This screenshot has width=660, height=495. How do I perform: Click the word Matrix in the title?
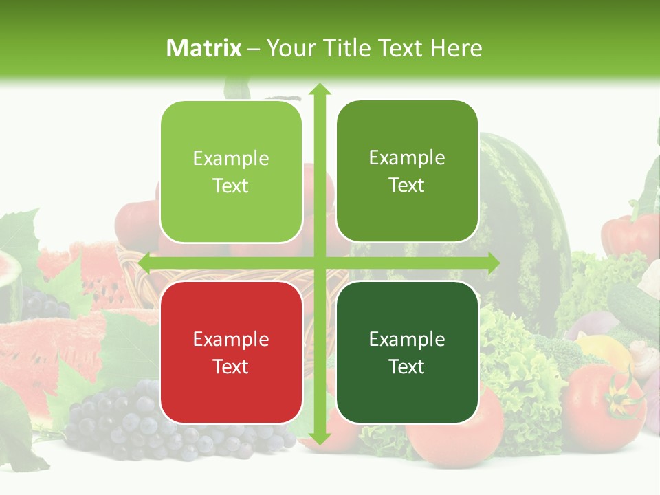pyautogui.click(x=203, y=48)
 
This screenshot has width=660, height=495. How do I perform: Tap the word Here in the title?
pyautogui.click(x=456, y=48)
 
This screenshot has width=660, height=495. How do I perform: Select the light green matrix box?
pyautogui.click(x=231, y=172)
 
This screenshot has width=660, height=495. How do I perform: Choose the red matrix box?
pyautogui.click(x=231, y=352)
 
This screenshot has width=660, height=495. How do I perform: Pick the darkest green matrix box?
pyautogui.click(x=407, y=352)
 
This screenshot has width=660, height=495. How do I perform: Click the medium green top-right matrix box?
pyautogui.click(x=407, y=171)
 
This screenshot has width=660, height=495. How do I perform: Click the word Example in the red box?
pyautogui.click(x=231, y=339)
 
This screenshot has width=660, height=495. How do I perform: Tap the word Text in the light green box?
pyautogui.click(x=231, y=186)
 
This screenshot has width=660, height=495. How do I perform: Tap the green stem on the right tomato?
pyautogui.click(x=623, y=399)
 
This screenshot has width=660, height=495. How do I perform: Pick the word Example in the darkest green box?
pyautogui.click(x=407, y=339)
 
